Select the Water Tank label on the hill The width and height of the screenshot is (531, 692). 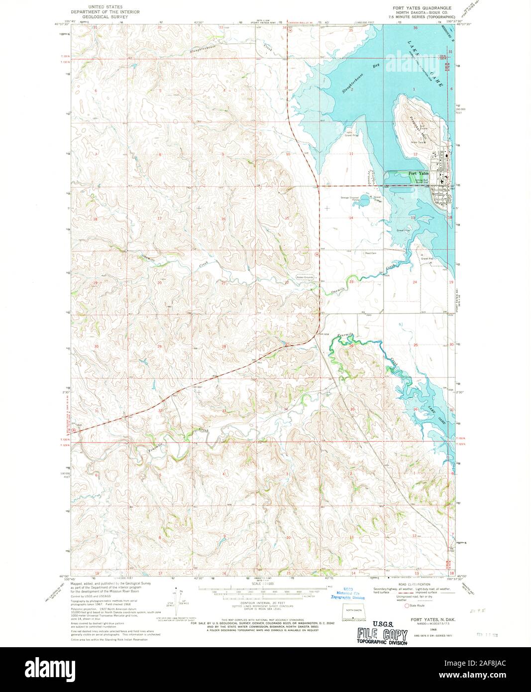(x=417, y=142)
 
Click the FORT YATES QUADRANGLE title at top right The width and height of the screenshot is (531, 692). (x=422, y=8)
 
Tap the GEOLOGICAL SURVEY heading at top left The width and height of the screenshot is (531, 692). (x=105, y=16)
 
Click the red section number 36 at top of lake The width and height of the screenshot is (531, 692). (x=416, y=28)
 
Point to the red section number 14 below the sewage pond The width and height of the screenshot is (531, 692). (x=351, y=218)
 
